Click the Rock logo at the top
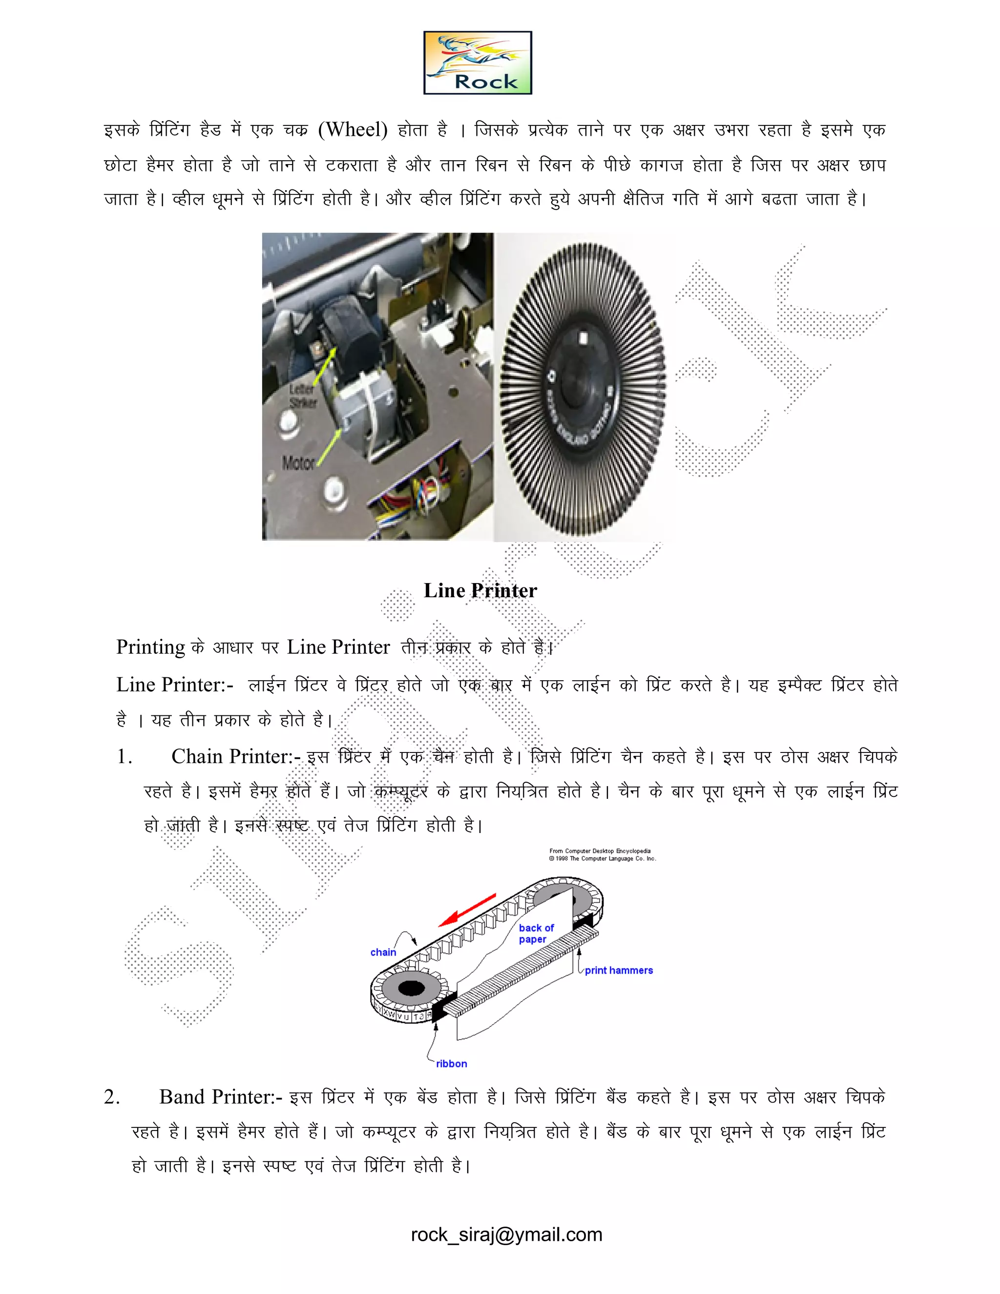478,63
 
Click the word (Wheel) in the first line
353,129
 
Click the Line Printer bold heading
480,591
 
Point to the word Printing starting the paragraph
150,647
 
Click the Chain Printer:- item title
236,756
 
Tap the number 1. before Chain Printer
125,756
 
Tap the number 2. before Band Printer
112,1097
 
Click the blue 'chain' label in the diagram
383,952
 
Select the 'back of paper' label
536,933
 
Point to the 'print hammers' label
619,970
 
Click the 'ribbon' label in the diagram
452,1064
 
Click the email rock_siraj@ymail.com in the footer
506,1235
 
